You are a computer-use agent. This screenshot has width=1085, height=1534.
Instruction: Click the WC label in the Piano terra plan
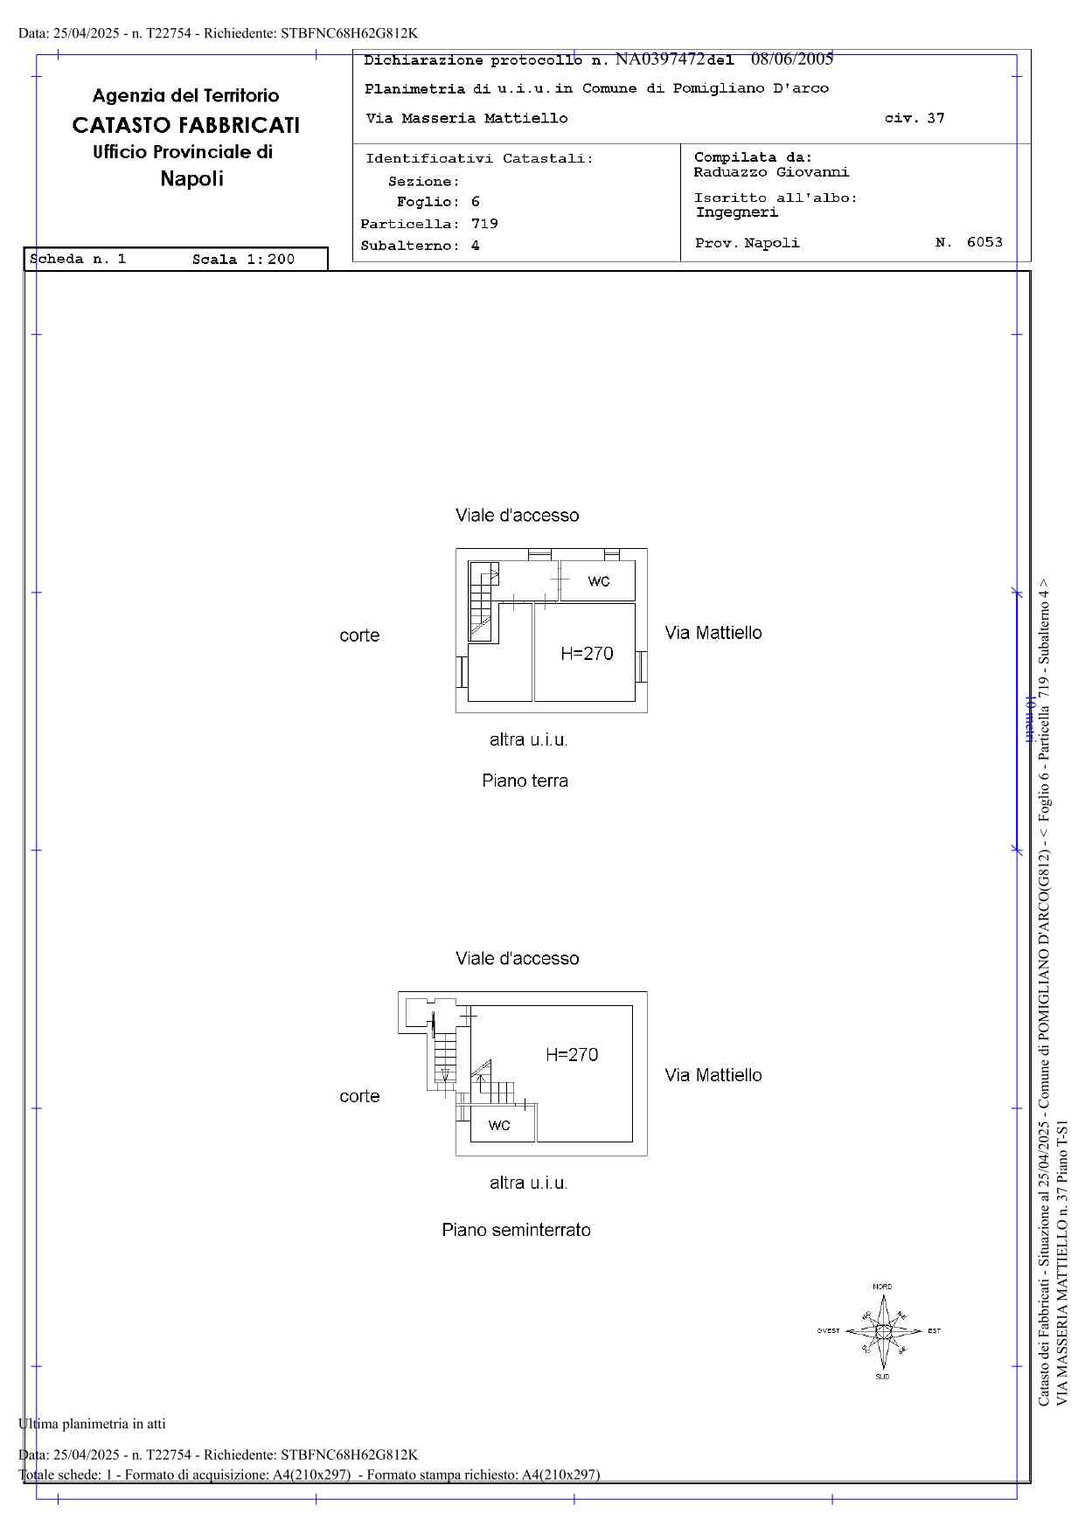(x=599, y=581)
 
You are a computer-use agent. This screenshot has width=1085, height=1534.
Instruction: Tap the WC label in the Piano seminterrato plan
(x=499, y=1125)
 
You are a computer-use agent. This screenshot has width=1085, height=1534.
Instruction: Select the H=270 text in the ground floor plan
(x=587, y=653)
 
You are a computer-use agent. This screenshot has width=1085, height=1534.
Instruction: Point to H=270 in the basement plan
(x=572, y=1054)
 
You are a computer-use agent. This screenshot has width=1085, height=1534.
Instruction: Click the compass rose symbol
(x=883, y=1330)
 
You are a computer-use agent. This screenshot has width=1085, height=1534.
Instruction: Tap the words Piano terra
(x=525, y=781)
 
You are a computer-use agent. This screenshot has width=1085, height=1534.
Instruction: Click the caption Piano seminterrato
(x=516, y=1230)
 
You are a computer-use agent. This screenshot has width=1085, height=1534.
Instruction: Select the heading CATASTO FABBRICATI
(x=185, y=125)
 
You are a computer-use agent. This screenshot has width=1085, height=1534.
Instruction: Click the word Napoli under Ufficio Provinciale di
(x=191, y=179)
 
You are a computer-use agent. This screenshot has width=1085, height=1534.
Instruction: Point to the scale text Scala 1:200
(x=243, y=259)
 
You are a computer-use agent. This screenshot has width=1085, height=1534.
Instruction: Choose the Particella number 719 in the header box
(x=484, y=224)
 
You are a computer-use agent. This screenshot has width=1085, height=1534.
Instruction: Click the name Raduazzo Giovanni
(x=771, y=172)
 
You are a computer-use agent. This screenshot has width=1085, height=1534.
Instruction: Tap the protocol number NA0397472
(x=660, y=59)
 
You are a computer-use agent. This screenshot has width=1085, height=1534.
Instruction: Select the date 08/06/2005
(x=792, y=59)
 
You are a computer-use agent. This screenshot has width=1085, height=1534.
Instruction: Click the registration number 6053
(x=984, y=242)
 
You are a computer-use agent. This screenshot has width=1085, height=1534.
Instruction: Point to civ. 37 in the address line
(x=915, y=118)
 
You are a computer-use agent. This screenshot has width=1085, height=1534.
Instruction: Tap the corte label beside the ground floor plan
(x=359, y=635)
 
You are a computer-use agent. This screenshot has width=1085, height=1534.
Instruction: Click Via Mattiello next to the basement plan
(x=713, y=1075)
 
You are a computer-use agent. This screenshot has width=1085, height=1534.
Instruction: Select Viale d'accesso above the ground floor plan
(x=517, y=516)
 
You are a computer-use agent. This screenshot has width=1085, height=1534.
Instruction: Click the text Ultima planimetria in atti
(x=92, y=1423)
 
